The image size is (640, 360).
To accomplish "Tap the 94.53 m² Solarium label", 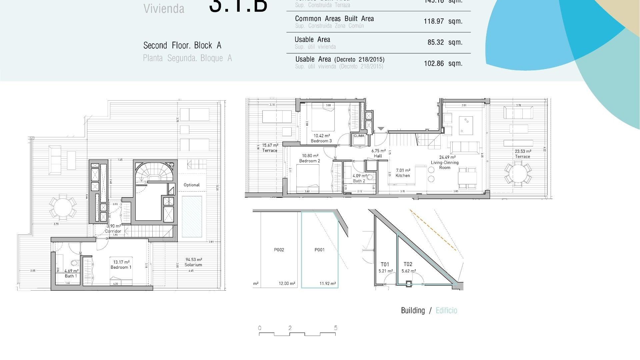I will [194, 262].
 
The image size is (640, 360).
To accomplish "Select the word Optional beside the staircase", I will [192, 185].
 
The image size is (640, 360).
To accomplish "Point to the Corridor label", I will [113, 231].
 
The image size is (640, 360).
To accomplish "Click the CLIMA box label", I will [359, 136].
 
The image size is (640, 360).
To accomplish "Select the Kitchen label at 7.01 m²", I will [403, 173].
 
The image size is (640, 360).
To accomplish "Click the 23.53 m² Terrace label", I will [522, 154].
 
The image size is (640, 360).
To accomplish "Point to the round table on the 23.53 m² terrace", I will [518, 173].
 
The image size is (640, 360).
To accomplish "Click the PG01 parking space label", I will [319, 250].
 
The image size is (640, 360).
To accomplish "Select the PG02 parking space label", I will [279, 250].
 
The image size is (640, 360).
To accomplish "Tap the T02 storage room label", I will [408, 264].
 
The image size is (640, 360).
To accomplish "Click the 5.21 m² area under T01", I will [386, 271].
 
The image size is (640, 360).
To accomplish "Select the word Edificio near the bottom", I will [446, 311].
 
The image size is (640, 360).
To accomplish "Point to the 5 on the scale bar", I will [336, 328].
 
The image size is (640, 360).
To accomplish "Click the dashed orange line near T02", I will [433, 230].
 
